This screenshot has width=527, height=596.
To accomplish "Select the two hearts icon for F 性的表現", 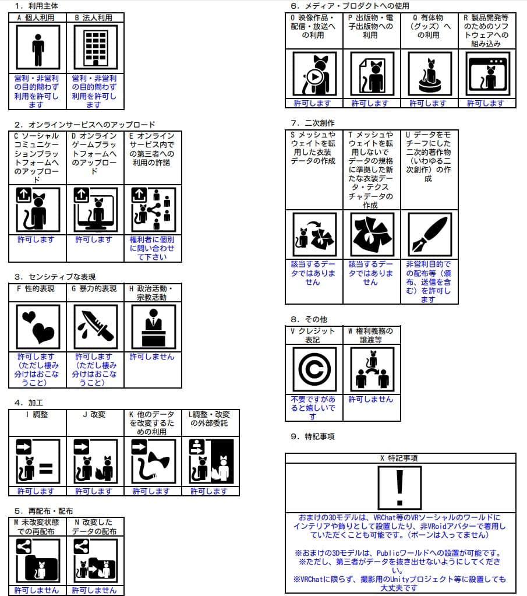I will (x=38, y=327).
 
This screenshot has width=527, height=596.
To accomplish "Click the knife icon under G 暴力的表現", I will (x=95, y=327).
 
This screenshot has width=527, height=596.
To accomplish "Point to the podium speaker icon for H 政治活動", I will (x=153, y=327).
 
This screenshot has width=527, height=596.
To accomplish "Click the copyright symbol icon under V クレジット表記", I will (x=314, y=369).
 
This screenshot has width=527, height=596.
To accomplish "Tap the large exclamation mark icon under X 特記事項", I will (x=399, y=488).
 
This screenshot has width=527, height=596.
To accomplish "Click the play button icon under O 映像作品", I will (x=314, y=76).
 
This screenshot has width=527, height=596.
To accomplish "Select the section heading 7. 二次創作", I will (x=312, y=123).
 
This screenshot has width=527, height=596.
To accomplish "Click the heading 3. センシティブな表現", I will (x=55, y=277).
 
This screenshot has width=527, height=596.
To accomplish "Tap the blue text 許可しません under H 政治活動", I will (x=152, y=357).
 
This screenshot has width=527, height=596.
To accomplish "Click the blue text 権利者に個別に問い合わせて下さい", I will (x=152, y=248).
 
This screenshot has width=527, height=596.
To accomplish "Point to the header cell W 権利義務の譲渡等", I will (x=371, y=335).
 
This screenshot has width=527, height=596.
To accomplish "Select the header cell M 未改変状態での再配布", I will (x=38, y=527).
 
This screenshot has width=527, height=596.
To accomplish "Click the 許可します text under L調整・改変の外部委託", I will (x=210, y=491).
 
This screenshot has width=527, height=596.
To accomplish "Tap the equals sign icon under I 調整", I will (x=46, y=468).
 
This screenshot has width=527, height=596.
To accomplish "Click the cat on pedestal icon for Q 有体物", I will (x=429, y=74).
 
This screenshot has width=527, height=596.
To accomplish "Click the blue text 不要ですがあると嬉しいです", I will (x=313, y=408).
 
